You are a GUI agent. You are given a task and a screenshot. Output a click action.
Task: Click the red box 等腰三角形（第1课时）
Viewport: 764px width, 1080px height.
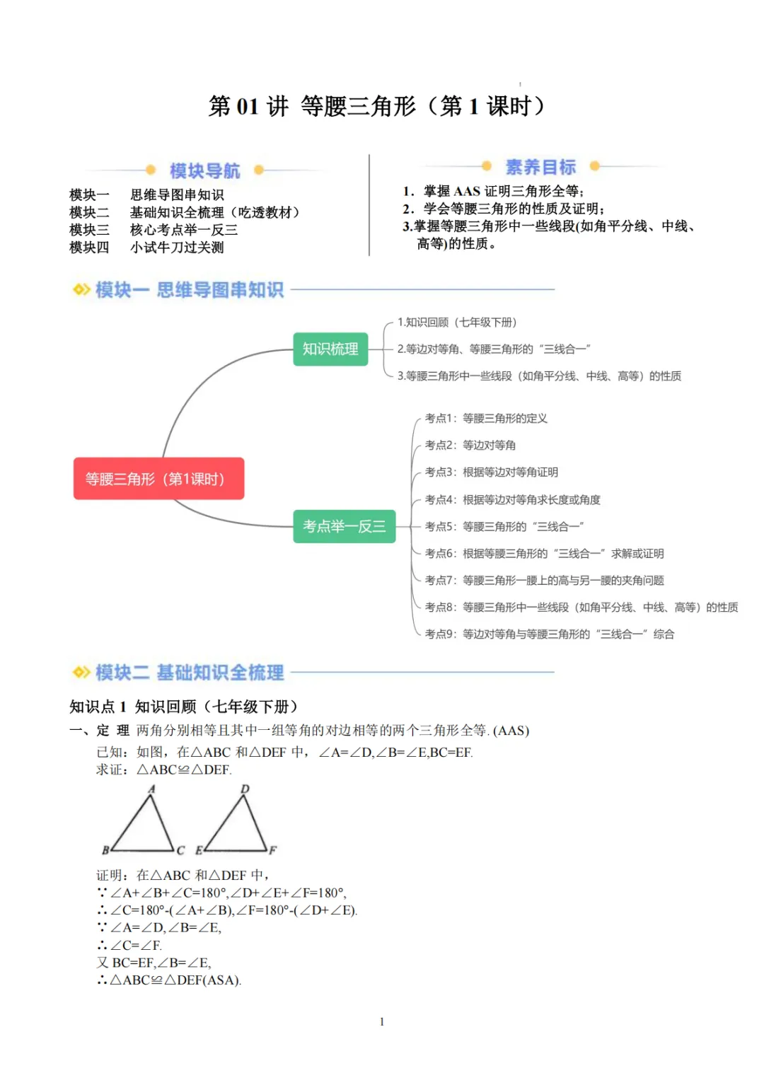tap(158, 479)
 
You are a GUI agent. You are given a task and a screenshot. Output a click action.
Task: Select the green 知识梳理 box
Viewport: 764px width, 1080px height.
tap(330, 349)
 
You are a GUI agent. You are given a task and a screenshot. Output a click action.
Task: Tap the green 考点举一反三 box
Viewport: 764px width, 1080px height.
tap(344, 526)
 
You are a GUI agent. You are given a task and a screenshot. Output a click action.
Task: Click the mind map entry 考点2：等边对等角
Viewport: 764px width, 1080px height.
tap(470, 446)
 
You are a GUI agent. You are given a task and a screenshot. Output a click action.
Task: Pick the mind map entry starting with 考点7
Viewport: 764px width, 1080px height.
tap(544, 581)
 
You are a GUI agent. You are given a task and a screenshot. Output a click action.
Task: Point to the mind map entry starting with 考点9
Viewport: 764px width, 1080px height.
tap(549, 634)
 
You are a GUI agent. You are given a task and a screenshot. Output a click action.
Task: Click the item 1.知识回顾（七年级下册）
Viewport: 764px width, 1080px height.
tap(457, 323)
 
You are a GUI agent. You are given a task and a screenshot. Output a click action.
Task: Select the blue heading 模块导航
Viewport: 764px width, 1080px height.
tap(204, 170)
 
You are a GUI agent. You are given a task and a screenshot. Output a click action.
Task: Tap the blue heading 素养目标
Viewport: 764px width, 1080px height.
tap(540, 167)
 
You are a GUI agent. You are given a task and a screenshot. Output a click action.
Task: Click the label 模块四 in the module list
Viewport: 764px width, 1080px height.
tap(89, 248)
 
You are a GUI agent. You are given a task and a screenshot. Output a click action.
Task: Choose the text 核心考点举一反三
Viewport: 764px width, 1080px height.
tap(184, 230)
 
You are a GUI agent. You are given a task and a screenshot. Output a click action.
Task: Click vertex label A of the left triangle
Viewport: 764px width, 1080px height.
tap(151, 789)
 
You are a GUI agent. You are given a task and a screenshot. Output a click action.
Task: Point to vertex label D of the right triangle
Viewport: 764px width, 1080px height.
tap(245, 789)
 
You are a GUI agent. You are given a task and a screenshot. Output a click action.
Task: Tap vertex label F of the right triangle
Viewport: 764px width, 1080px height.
tap(272, 850)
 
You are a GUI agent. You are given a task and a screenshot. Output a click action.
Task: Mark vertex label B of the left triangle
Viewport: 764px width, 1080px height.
tap(105, 850)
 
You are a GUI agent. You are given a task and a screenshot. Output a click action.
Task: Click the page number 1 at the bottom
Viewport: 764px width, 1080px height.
tap(382, 1021)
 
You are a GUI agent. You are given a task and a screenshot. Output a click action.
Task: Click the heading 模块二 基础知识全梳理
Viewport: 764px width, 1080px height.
tap(190, 673)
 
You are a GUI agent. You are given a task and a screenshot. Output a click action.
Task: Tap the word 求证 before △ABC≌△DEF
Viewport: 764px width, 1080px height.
tap(110, 770)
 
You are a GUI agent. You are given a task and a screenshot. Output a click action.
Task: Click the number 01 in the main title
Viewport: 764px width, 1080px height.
tap(247, 106)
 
